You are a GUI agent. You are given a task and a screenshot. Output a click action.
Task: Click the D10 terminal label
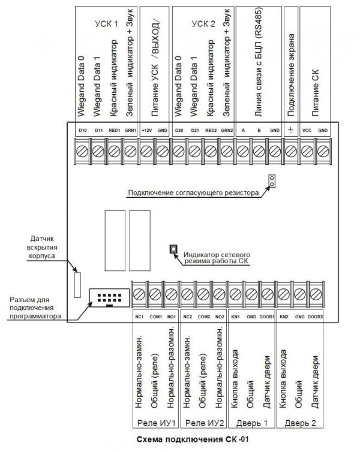[x=82, y=130]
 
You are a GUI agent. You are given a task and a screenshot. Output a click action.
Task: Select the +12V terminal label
[x=146, y=130]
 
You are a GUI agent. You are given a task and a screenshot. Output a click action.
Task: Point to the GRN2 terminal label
[x=226, y=130]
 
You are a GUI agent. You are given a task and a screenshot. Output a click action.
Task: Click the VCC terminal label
[x=307, y=130]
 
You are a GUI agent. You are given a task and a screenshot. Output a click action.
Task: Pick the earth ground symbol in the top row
[x=290, y=130]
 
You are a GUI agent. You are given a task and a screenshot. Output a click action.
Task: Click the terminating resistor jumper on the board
[x=271, y=181]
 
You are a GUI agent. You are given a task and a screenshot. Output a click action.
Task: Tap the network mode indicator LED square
[x=174, y=248]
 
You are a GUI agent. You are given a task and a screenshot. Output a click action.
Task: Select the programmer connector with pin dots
[x=107, y=297]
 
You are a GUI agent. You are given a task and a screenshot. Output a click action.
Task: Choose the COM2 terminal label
[x=204, y=316]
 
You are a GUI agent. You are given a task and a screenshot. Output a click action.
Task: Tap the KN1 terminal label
[x=236, y=316]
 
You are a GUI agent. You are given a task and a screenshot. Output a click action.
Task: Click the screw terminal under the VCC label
[x=307, y=147]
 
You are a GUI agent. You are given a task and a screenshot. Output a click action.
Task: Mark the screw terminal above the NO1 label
[x=171, y=294]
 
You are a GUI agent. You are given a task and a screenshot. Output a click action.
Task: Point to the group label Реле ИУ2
[x=203, y=423]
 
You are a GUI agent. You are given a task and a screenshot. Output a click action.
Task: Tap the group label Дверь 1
[x=251, y=423]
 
